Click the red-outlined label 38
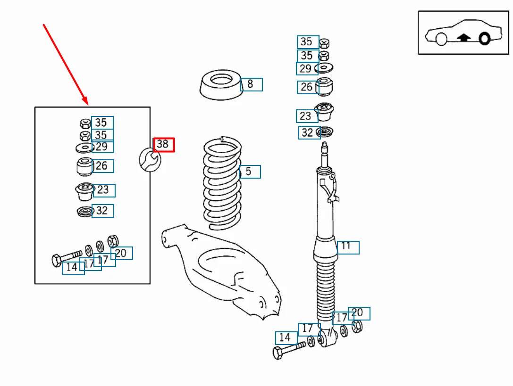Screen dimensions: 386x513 (164, 145)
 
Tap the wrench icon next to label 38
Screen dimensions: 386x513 (150, 159)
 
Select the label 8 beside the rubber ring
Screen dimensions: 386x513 (251, 85)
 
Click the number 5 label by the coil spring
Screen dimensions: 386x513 (250, 172)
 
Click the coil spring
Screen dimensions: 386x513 (222, 184)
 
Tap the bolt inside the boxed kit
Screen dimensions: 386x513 (66, 257)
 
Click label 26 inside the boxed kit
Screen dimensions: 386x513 (102, 166)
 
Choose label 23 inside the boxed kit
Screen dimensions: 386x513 (104, 190)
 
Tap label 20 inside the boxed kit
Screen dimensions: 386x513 (122, 253)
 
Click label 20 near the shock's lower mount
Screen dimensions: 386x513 (359, 313)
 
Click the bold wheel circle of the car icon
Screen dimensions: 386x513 (484, 38)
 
